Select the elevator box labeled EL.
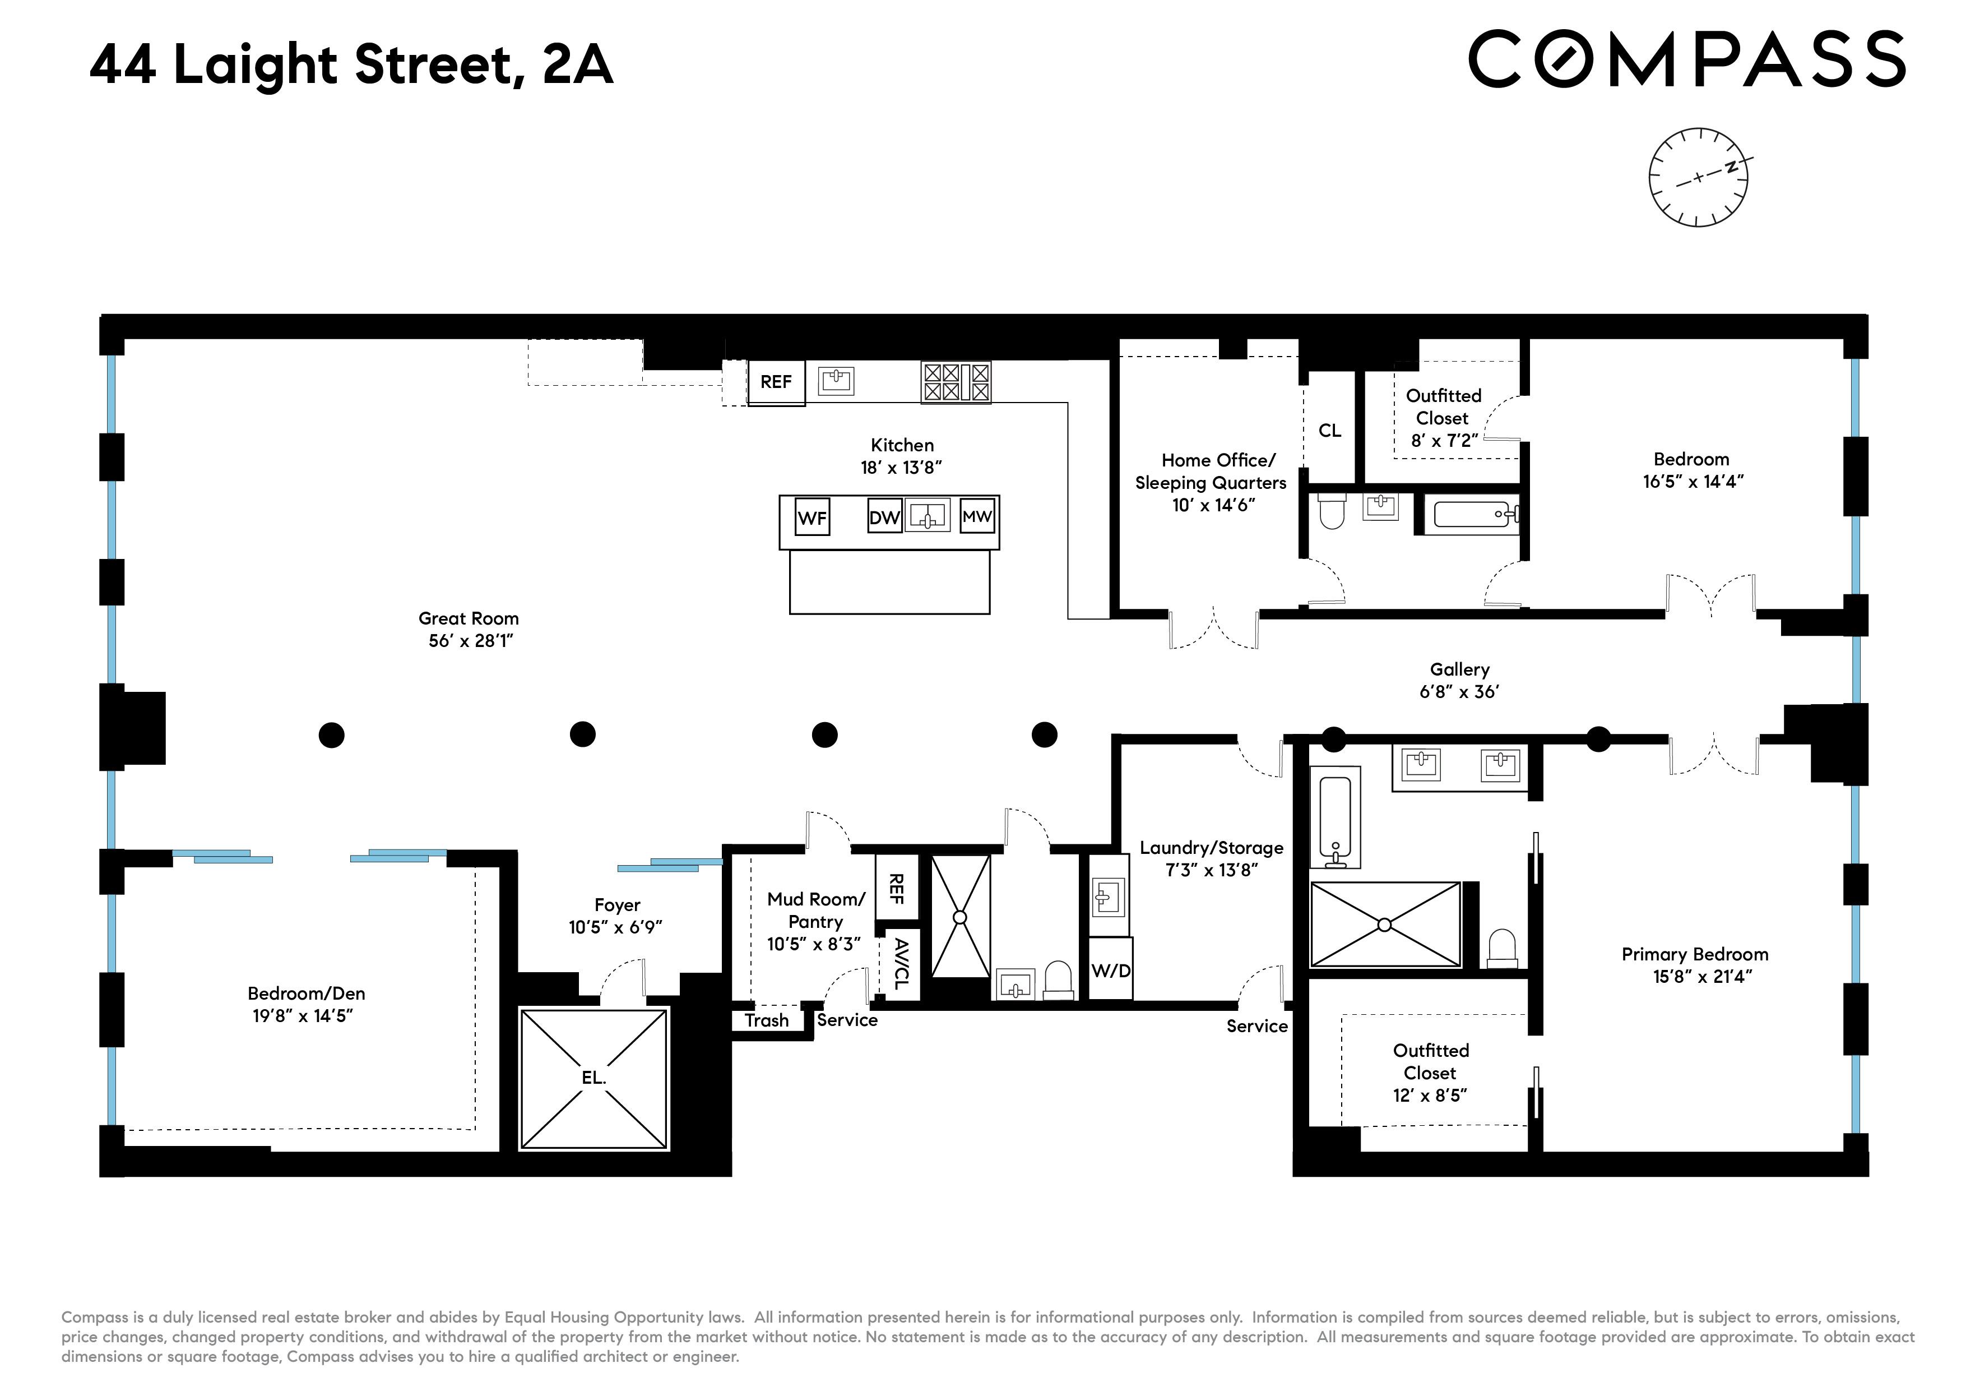(593, 1078)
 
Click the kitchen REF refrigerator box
(776, 382)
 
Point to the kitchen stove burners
(956, 382)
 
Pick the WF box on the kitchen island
(812, 517)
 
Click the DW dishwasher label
(884, 517)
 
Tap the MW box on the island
(977, 516)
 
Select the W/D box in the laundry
(1111, 971)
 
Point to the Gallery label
(1459, 669)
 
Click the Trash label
(766, 1020)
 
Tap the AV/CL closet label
(901, 964)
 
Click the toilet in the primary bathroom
(1503, 950)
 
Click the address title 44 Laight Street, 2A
(351, 64)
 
